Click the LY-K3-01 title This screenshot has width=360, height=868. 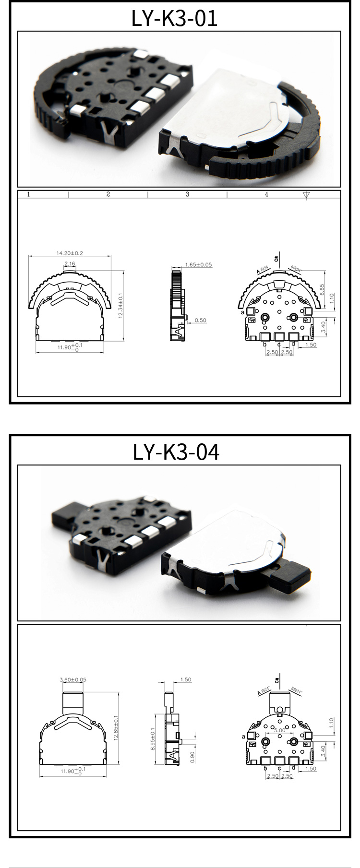[175, 18]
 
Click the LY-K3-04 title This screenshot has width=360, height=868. [176, 452]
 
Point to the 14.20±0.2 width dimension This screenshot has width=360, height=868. [70, 253]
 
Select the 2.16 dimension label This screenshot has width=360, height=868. [70, 264]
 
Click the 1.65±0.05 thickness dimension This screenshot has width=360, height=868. [198, 264]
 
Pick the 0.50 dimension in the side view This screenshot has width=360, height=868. [200, 320]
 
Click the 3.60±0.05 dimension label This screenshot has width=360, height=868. [73, 679]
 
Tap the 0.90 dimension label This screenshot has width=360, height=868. [192, 757]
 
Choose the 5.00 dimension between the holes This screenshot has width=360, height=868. [279, 730]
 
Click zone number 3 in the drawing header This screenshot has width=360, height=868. [187, 194]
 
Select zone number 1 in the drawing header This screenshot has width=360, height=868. [29, 194]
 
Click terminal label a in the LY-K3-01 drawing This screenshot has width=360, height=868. [243, 312]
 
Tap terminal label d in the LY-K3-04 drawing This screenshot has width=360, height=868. [293, 768]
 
